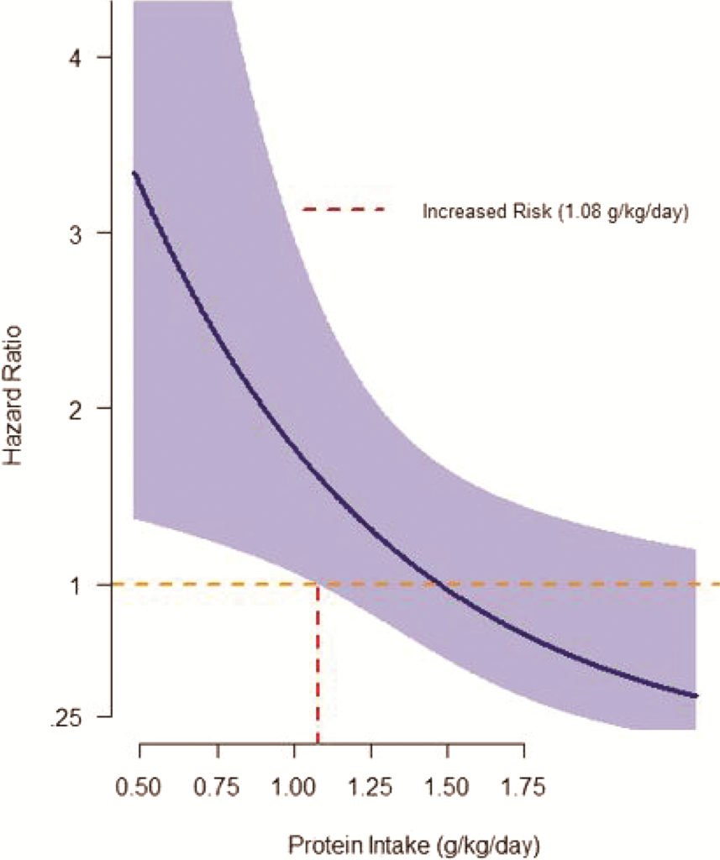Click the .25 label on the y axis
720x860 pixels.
(66, 717)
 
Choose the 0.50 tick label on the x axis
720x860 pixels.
(139, 787)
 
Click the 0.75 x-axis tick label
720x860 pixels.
(216, 787)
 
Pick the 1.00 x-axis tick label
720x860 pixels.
(293, 787)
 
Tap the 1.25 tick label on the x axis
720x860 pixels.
(370, 787)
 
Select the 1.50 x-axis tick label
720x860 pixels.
(447, 787)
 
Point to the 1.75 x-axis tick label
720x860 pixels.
(523, 787)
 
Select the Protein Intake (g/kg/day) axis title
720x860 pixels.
(414, 846)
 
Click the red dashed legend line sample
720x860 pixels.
(344, 209)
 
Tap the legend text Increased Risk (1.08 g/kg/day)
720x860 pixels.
(555, 212)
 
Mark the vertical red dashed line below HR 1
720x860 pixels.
(318, 663)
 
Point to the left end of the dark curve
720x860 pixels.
(134, 173)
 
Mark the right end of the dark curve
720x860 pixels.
(696, 696)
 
